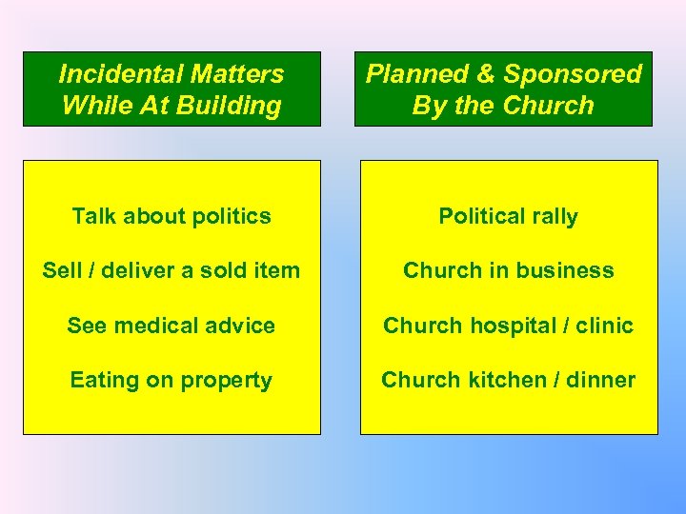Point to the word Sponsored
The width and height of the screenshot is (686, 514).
point(573,73)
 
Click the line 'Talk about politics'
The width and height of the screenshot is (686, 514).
point(171,216)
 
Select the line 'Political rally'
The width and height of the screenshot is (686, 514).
point(508,216)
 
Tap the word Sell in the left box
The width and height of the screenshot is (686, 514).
point(60,270)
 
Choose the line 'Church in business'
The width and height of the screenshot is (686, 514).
point(508,270)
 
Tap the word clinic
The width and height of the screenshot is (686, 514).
point(602,326)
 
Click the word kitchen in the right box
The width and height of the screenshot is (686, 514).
point(501,380)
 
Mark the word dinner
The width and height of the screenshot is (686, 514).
point(599,380)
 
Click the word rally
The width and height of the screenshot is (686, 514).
point(553,217)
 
